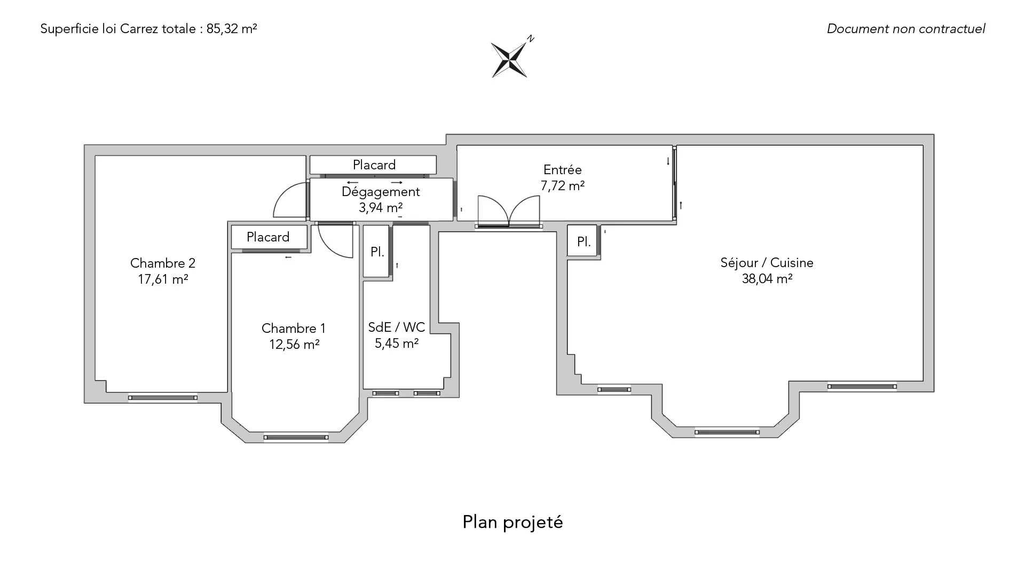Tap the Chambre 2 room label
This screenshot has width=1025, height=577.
point(163,263)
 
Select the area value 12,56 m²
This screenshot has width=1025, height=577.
point(294,344)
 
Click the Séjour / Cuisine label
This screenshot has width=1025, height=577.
point(767,263)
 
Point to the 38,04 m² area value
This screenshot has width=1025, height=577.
point(767,278)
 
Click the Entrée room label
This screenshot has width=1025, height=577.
point(562,170)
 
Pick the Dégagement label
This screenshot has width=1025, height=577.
point(381,192)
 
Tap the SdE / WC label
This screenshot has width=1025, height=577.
point(397,327)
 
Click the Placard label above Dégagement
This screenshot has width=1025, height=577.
point(374,165)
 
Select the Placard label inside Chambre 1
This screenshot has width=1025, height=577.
point(268,237)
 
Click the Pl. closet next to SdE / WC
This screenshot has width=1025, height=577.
point(377,252)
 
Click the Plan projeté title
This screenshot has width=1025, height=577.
point(512,522)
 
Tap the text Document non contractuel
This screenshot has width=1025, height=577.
point(906,29)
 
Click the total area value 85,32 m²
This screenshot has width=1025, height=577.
point(232,29)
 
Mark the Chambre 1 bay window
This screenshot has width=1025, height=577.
point(296,438)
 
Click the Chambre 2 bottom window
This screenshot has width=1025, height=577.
point(163,397)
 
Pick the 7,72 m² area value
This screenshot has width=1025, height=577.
point(563,186)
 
